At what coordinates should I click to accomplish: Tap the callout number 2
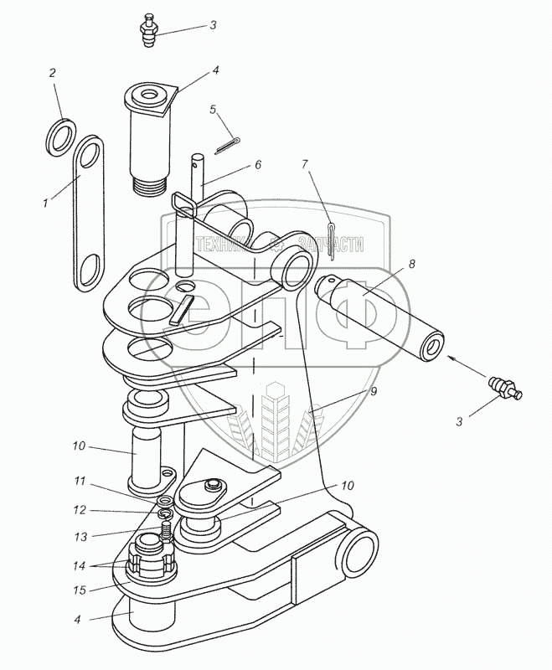(x=52, y=74)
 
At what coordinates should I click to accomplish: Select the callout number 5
(x=213, y=110)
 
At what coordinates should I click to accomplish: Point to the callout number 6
(x=258, y=165)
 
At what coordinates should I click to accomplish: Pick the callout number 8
(x=411, y=263)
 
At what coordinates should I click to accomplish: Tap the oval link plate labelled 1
(x=86, y=214)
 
